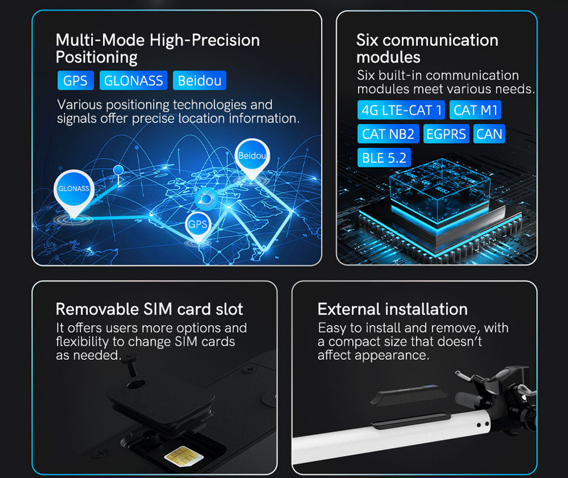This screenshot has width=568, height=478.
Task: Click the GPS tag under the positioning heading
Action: click(x=75, y=80)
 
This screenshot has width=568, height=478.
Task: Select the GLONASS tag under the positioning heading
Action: click(x=134, y=80)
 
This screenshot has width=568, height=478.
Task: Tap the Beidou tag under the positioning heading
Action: click(x=199, y=80)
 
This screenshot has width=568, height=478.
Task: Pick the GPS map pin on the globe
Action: click(x=198, y=226)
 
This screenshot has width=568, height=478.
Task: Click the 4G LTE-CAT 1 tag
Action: click(x=401, y=110)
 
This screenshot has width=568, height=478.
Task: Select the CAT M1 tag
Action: click(x=475, y=110)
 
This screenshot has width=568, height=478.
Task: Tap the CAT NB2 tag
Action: click(x=389, y=134)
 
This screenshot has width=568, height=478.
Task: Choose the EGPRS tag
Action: click(x=446, y=134)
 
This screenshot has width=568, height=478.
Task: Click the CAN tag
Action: click(x=489, y=134)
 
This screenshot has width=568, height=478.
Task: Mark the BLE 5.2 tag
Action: click(x=384, y=158)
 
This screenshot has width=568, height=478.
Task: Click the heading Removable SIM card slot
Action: click(x=149, y=309)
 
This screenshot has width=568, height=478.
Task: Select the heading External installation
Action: click(x=393, y=309)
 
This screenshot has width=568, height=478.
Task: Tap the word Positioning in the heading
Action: click(x=97, y=58)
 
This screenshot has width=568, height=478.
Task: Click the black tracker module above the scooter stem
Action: click(x=409, y=396)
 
